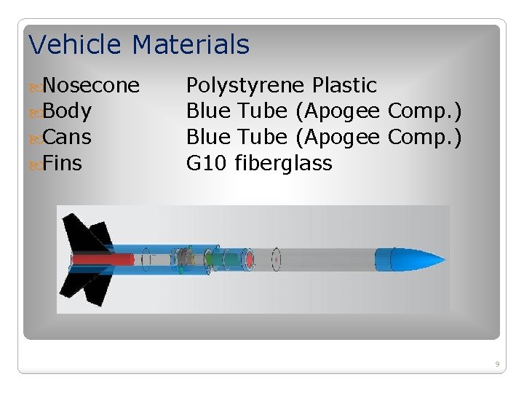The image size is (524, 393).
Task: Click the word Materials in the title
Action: pyautogui.click(x=191, y=45)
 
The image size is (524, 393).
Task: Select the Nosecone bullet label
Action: pyautogui.click(x=91, y=86)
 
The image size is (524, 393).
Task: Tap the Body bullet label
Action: pyautogui.click(x=67, y=111)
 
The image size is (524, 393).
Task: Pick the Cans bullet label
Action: pyautogui.click(x=67, y=138)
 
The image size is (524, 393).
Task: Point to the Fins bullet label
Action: pyautogui.click(x=63, y=163)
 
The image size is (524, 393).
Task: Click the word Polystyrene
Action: pyautogui.click(x=245, y=86)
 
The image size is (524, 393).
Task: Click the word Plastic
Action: pyautogui.click(x=344, y=85)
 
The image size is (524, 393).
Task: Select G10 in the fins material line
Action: pyautogui.click(x=207, y=163)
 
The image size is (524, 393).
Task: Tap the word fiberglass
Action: pyautogui.click(x=284, y=164)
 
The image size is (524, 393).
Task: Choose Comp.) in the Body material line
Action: pyautogui.click(x=424, y=112)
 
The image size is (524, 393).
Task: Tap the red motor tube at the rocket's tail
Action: pyautogui.click(x=102, y=259)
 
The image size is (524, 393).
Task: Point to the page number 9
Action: pyautogui.click(x=496, y=363)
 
